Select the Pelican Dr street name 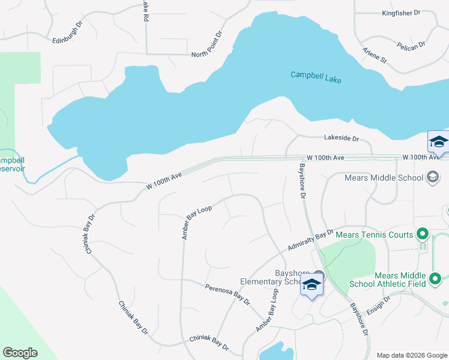coord(411,44)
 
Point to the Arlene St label coord(375,56)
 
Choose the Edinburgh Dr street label coord(67,34)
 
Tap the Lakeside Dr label coord(341,139)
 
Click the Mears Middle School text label coord(384,178)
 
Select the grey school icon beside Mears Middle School coord(432,177)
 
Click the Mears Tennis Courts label coord(375,234)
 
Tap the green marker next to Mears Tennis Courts coord(423,234)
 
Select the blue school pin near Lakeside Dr coord(438,143)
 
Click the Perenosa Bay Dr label coord(227,293)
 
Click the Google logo coord(20,352)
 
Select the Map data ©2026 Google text coord(411,355)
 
